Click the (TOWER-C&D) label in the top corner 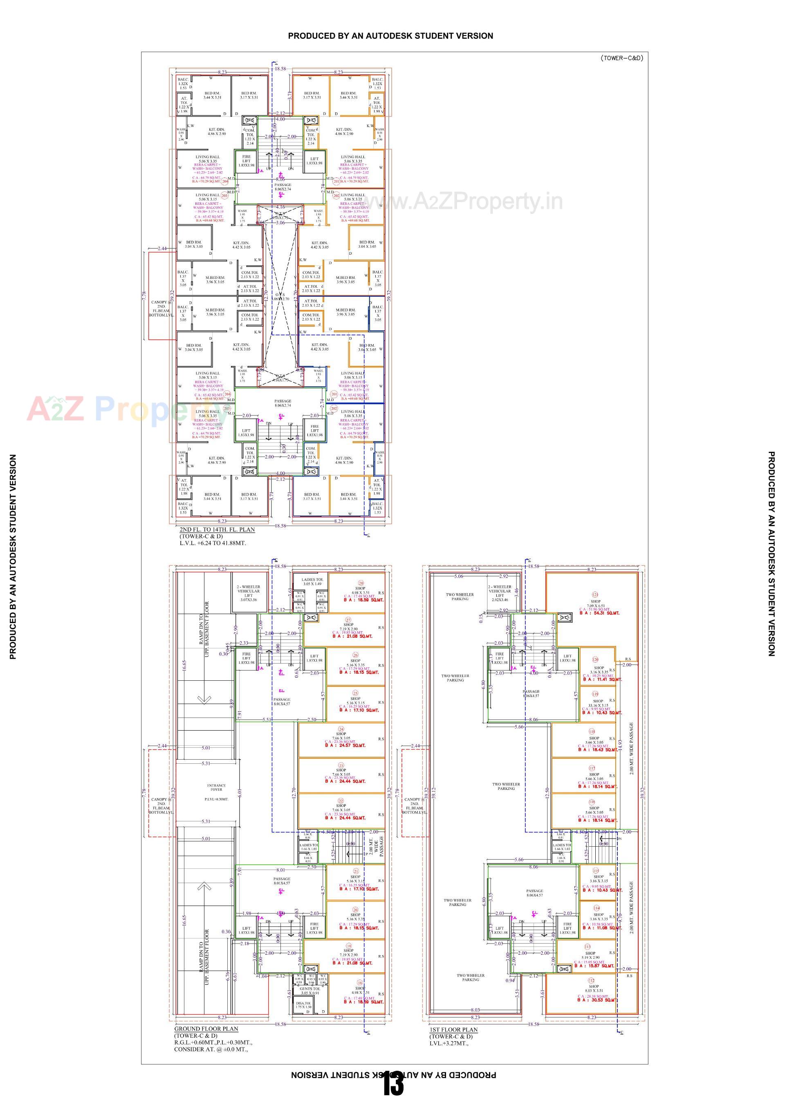click(x=621, y=58)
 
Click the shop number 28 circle click(x=361, y=583)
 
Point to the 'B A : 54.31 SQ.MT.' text click(x=599, y=613)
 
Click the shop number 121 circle click(x=595, y=594)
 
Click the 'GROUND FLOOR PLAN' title click(x=206, y=1029)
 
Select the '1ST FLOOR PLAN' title click(x=453, y=1030)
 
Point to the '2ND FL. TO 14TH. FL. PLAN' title click(x=217, y=529)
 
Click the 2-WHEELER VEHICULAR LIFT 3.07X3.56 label click(x=249, y=593)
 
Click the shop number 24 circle click(x=341, y=729)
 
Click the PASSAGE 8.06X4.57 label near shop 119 click(x=531, y=693)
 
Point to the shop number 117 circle click(x=592, y=768)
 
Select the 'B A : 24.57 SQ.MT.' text click(x=345, y=745)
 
